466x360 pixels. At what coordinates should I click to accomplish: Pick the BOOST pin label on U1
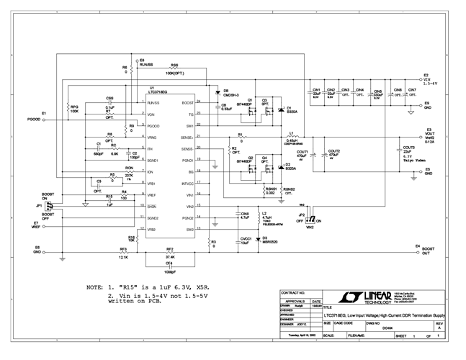[187, 103]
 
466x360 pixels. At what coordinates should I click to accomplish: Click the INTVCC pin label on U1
[186, 184]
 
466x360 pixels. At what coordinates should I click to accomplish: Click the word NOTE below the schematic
[95, 287]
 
